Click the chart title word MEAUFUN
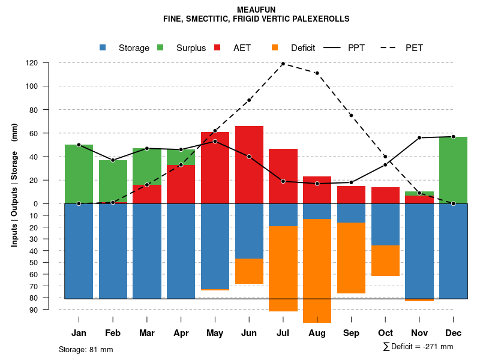coord(256,10)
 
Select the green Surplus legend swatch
coord(160,47)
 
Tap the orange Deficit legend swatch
coord(275,47)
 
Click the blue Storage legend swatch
coord(103,47)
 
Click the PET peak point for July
coord(283,64)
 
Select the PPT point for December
coord(453,137)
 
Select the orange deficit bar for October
coord(385,260)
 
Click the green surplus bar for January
coord(79,174)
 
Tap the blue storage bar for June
coord(249,231)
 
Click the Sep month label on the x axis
coord(351,333)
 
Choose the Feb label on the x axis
coord(113,333)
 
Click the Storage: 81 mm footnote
coord(86,349)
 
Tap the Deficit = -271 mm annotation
coord(418,347)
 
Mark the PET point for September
coord(351,115)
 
